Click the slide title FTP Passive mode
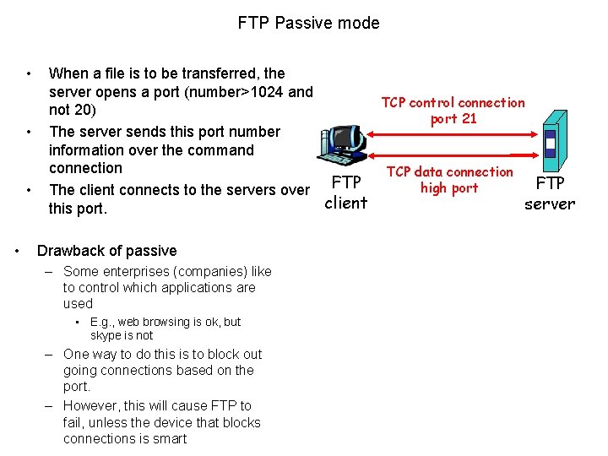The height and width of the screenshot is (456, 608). (x=308, y=23)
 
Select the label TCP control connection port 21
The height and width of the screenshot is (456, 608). (x=453, y=111)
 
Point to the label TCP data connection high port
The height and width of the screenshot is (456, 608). (x=449, y=180)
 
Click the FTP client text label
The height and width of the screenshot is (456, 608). (x=346, y=193)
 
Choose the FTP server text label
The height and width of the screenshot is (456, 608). (x=550, y=194)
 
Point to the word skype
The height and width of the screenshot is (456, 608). (x=107, y=336)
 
